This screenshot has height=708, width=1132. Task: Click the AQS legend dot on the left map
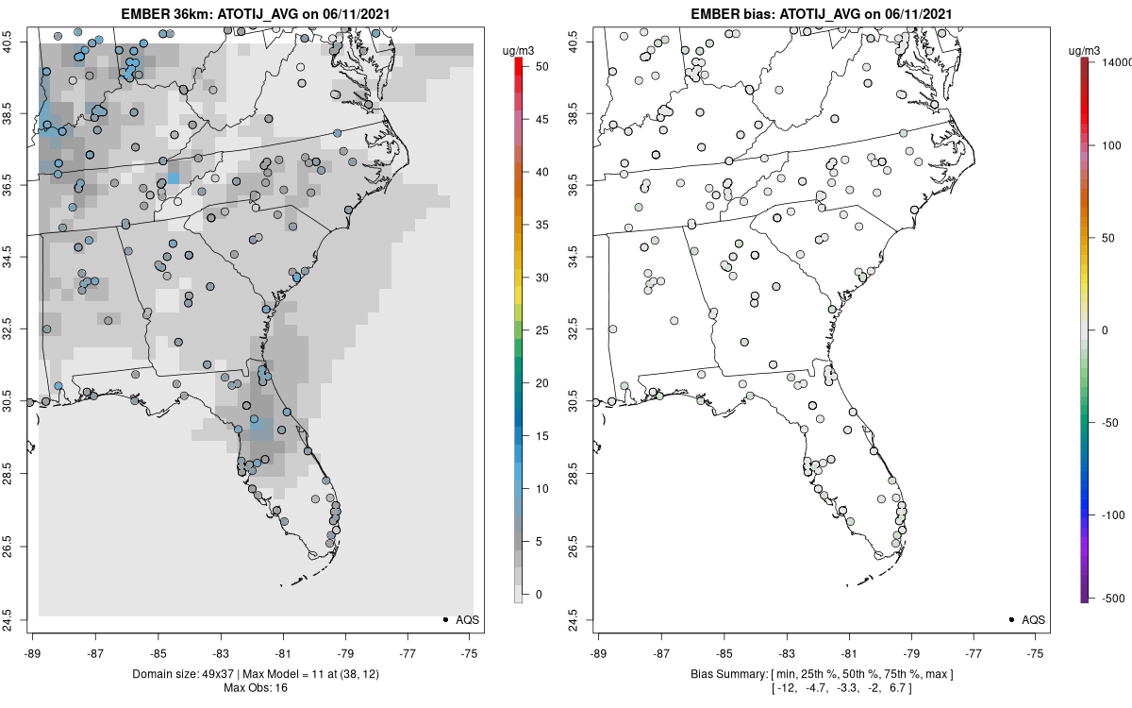pos(444,619)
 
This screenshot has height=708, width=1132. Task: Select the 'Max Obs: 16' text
pos(255,687)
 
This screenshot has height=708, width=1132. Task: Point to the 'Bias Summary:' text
pos(726,673)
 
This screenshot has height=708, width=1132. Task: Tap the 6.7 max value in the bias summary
pos(893,687)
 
